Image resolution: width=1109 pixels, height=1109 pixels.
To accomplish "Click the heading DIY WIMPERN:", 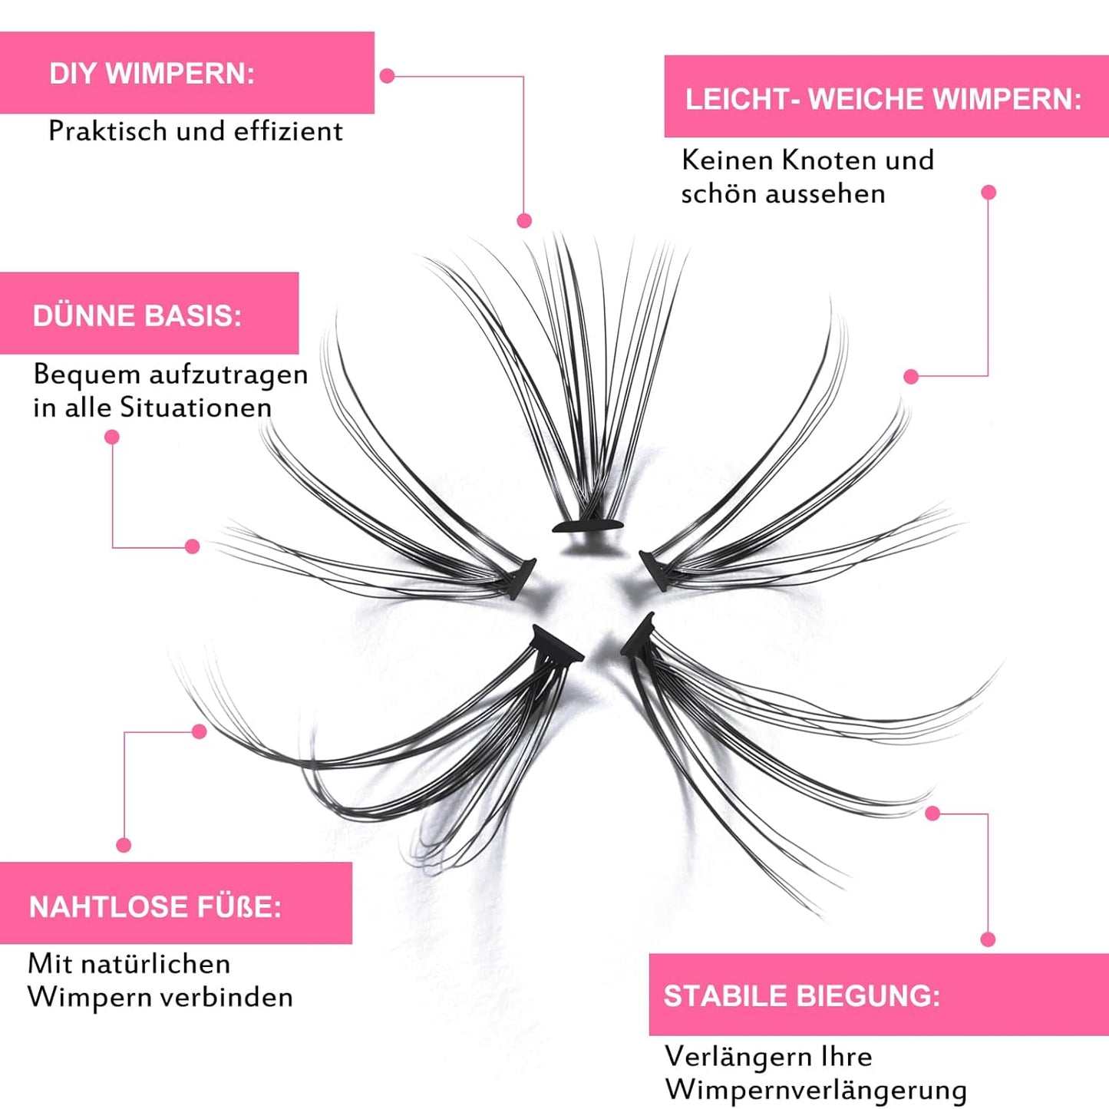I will pyautogui.click(x=152, y=74).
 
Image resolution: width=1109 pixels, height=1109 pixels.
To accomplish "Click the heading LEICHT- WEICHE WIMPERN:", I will pyautogui.click(x=883, y=99).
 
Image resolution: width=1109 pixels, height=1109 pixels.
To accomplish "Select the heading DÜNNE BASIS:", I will pyautogui.click(x=137, y=315).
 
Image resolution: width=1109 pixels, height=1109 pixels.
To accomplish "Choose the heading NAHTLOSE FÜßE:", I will pyautogui.click(x=155, y=906).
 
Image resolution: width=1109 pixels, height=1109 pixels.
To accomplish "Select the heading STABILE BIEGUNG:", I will pyautogui.click(x=801, y=995).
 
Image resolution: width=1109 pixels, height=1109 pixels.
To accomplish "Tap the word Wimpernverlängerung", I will pyautogui.click(x=815, y=1089).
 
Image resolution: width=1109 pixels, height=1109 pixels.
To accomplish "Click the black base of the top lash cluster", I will pyautogui.click(x=588, y=526).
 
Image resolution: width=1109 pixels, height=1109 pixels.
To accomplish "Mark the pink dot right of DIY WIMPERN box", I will pyautogui.click(x=388, y=76).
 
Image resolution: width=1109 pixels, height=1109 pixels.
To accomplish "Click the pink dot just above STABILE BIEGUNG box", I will pyautogui.click(x=988, y=939).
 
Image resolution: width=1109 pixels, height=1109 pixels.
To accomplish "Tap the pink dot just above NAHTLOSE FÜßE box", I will pyautogui.click(x=124, y=845).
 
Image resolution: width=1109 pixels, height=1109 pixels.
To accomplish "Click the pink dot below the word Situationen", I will pyautogui.click(x=112, y=437).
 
